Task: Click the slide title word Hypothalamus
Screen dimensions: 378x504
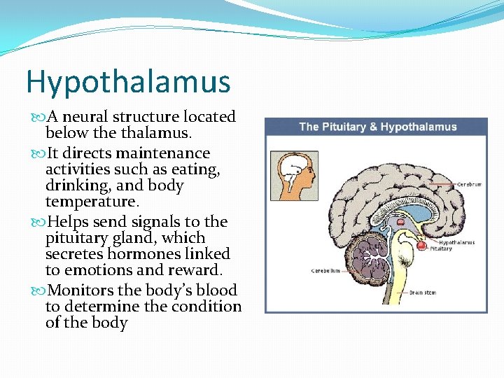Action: point(128,82)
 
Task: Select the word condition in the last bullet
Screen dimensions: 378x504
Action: point(209,307)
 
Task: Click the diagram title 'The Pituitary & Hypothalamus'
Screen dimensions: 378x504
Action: point(377,127)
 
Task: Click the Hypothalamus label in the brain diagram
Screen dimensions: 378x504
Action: point(456,242)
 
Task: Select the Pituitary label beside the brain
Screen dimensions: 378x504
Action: point(440,248)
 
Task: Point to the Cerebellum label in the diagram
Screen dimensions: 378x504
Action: point(325,269)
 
